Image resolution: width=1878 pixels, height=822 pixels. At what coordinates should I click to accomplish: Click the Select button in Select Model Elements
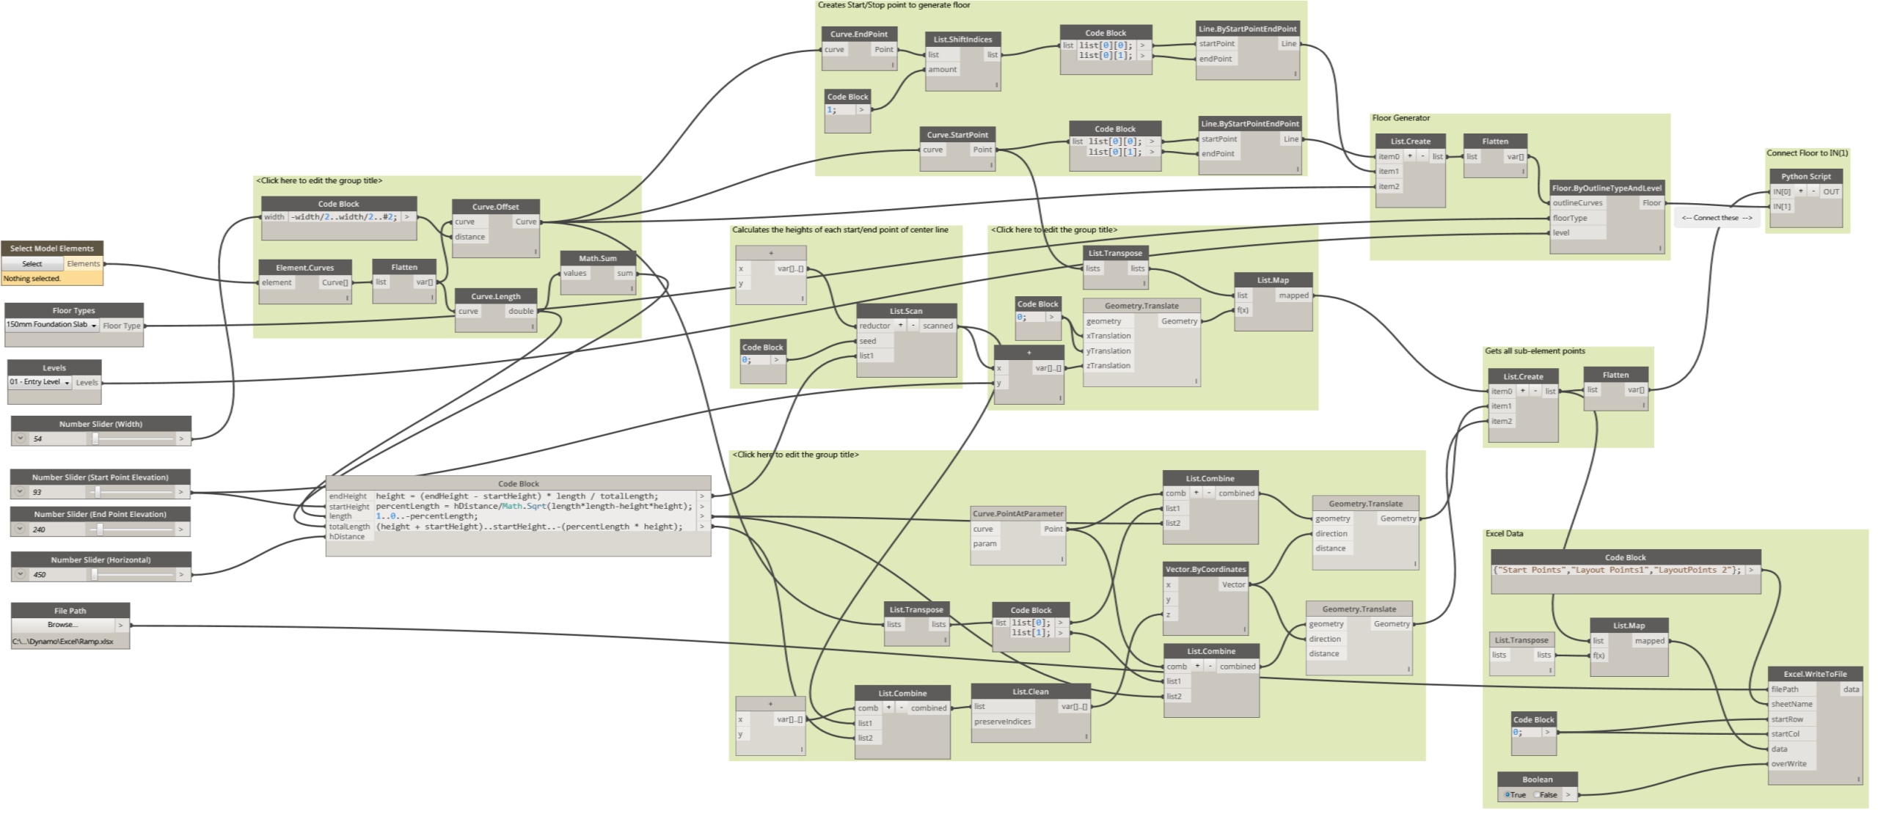(32, 263)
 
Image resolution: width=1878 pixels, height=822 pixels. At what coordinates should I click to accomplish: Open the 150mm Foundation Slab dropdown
(52, 325)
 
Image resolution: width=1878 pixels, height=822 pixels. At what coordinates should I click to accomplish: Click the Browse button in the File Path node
(62, 625)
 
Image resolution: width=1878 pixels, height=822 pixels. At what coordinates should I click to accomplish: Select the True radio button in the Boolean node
(1507, 795)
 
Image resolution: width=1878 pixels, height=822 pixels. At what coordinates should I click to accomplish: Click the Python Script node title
(1805, 176)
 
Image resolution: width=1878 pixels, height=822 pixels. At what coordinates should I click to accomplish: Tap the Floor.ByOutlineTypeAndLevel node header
(1607, 188)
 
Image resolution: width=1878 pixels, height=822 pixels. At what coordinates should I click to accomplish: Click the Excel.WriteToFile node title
(1815, 674)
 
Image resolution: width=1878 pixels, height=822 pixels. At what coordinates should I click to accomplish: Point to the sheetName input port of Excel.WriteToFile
(1791, 704)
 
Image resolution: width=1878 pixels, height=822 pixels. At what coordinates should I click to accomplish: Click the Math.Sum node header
(597, 258)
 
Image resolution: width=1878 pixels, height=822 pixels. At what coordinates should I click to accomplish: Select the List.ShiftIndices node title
(962, 40)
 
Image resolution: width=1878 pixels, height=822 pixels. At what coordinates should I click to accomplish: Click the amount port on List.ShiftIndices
(942, 70)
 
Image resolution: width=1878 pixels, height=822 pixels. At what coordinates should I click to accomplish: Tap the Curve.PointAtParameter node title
(1017, 513)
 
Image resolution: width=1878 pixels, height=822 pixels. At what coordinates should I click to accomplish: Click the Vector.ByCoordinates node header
(1205, 569)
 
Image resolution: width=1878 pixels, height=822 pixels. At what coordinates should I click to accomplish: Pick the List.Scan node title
(906, 311)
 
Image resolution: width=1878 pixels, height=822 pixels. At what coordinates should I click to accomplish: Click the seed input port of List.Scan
(868, 341)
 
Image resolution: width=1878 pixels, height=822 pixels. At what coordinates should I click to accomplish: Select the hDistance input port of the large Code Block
(347, 537)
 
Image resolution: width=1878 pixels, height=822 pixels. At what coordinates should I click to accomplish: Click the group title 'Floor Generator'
(1400, 118)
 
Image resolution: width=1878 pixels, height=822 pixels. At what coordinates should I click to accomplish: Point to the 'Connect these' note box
(1716, 218)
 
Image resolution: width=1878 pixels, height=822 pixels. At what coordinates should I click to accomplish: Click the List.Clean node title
(1030, 691)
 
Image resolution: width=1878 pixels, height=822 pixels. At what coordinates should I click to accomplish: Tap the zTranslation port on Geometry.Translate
(1108, 366)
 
